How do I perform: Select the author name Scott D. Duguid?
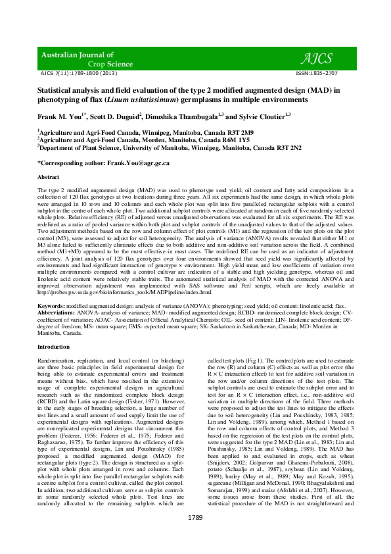(x=114, y=116)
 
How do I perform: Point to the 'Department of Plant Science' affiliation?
(x=79, y=148)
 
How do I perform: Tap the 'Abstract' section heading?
(x=49, y=178)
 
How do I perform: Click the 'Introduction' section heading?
(x=53, y=346)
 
